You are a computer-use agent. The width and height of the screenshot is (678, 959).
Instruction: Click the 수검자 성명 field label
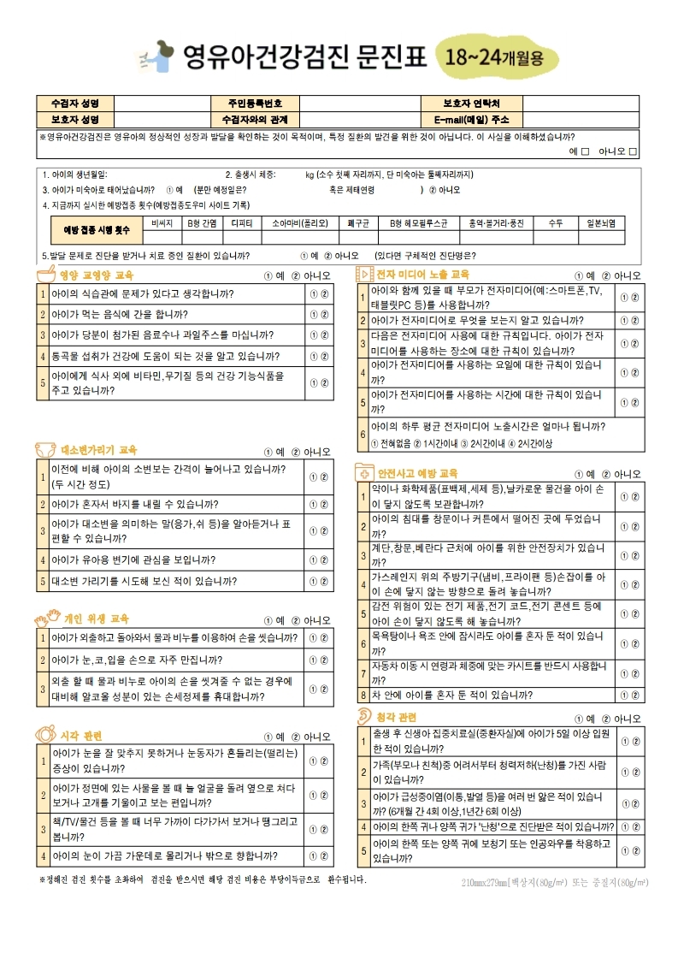click(75, 104)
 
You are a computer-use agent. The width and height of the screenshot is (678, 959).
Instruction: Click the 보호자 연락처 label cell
click(470, 104)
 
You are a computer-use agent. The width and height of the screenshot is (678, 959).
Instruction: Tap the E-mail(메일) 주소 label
click(470, 119)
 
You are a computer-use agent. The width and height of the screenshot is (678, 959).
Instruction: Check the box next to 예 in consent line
click(585, 151)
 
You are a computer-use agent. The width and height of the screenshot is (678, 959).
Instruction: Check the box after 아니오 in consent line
click(633, 151)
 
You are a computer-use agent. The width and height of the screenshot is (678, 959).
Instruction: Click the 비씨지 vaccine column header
click(162, 222)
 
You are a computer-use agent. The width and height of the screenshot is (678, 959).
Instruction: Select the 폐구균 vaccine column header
click(358, 222)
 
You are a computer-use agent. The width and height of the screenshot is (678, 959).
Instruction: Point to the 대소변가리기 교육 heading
click(98, 450)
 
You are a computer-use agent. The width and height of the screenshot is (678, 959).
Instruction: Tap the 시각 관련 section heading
click(81, 736)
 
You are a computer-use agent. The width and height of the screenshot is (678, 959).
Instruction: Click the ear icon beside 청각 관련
click(364, 716)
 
